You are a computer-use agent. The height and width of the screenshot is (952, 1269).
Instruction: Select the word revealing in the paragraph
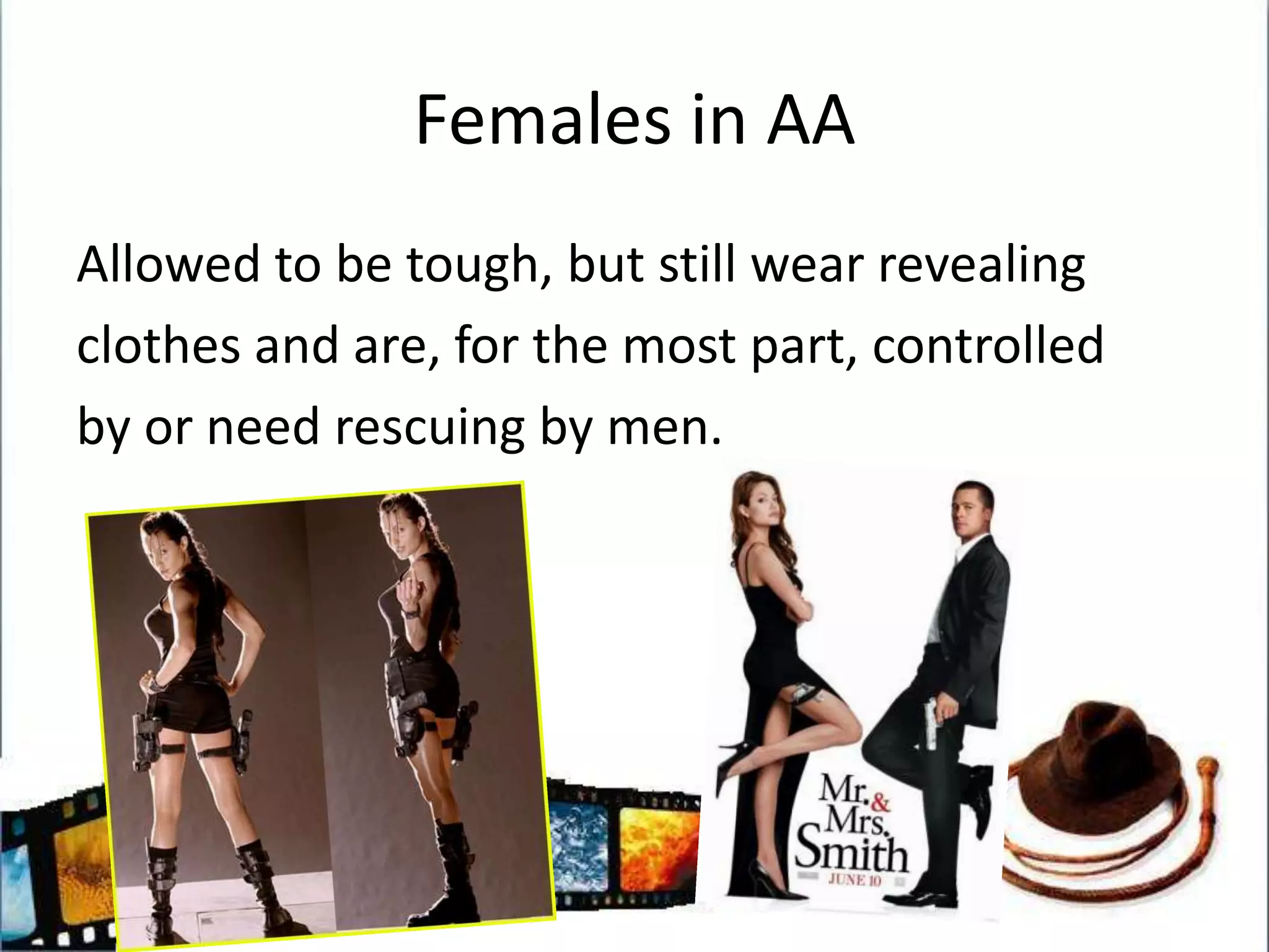[x=981, y=265]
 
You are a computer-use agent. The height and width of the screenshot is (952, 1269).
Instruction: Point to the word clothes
[x=159, y=346]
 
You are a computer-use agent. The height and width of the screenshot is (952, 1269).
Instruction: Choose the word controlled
[x=988, y=346]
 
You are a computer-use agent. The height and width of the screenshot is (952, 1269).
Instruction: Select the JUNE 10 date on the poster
[x=854, y=880]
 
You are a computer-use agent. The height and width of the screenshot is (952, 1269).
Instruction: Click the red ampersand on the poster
[x=880, y=803]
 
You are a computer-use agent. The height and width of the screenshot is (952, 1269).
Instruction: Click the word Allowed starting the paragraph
[x=167, y=265]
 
